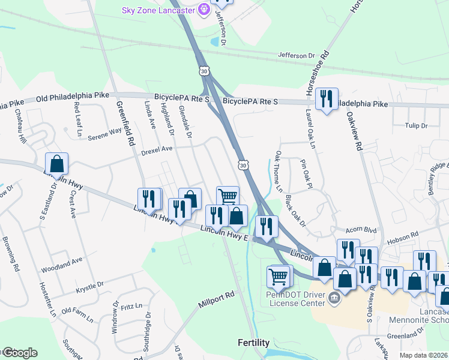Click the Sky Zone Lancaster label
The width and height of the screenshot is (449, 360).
point(161,10)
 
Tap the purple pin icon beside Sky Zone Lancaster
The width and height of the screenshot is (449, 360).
point(204,9)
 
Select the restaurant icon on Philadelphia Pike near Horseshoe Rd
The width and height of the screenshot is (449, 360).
point(327,98)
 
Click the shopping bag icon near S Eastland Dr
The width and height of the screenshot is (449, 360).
point(56,163)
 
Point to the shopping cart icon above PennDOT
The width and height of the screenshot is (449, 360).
point(279,276)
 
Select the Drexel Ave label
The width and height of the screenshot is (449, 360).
point(157,149)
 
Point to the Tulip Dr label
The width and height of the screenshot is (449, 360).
point(415,126)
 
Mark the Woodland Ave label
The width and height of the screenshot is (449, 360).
point(62,263)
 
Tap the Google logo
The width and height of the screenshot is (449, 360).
point(19,353)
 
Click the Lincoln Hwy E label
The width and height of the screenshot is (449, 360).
point(224,232)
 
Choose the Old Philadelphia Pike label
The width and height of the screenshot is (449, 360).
point(73,96)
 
